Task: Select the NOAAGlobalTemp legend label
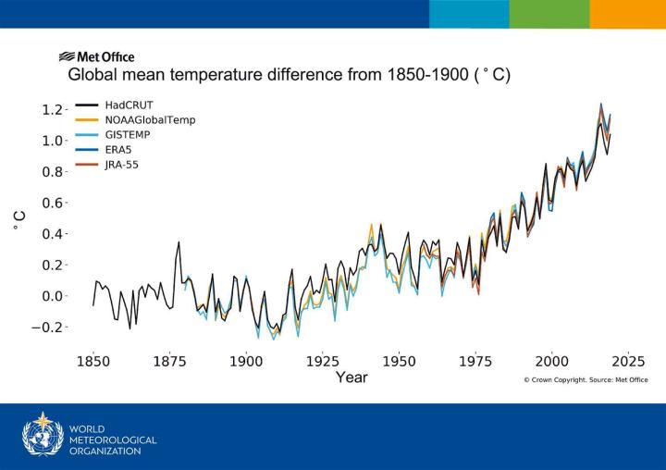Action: [149, 120]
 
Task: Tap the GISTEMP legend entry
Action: [128, 135]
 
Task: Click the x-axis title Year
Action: [351, 377]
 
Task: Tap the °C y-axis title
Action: [18, 218]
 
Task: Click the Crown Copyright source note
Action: [586, 379]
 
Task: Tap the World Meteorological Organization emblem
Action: [43, 435]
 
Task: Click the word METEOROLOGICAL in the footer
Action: [113, 440]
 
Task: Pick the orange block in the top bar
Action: [627, 14]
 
